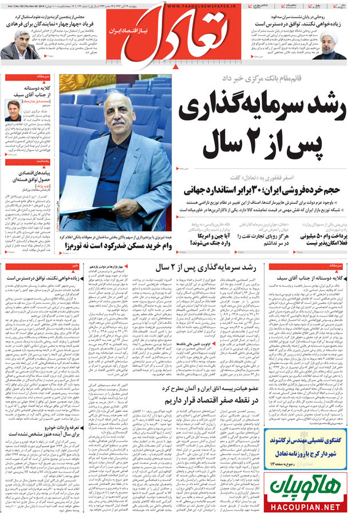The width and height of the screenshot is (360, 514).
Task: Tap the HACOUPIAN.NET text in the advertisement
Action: point(309,505)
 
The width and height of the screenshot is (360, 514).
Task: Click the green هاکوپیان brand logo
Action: point(309,485)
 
